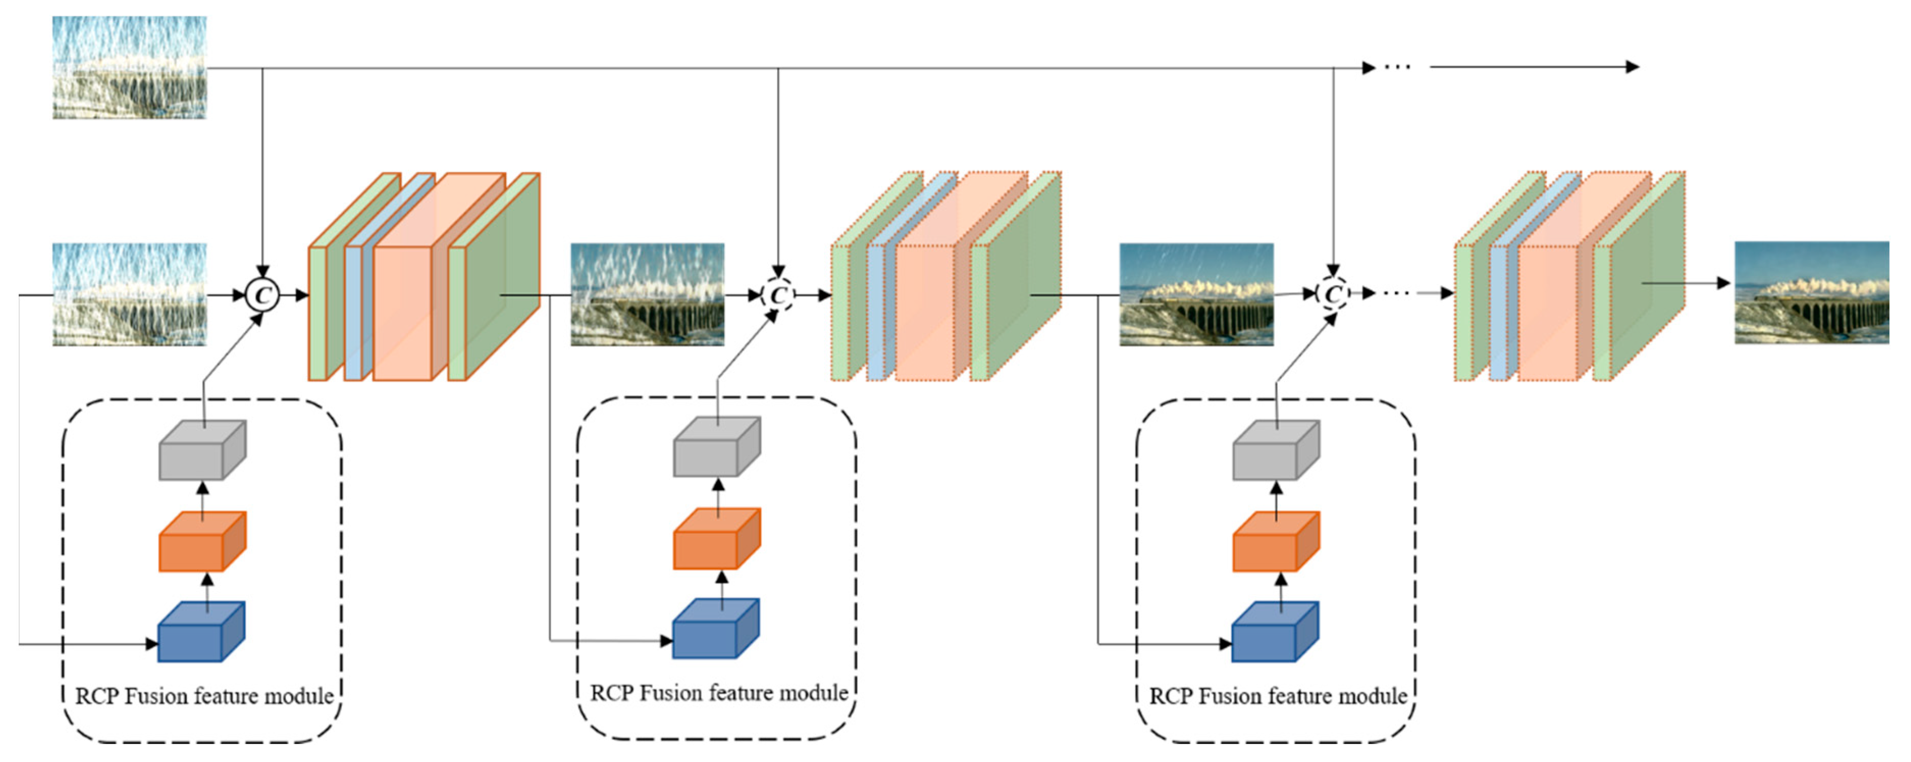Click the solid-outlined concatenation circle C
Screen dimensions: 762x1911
tap(262, 295)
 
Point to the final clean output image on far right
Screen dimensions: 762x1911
tap(1811, 293)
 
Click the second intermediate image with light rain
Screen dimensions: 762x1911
tap(1196, 295)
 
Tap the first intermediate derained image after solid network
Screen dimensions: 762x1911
tap(647, 295)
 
